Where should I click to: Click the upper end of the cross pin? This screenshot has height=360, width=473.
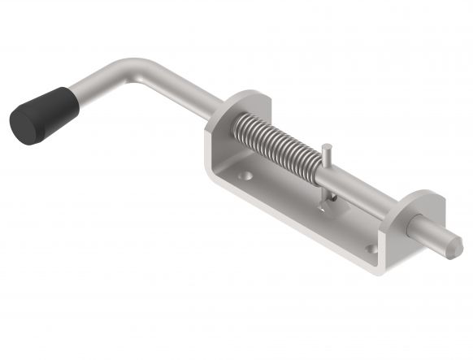325,148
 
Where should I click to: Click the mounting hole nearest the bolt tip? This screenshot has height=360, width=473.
371,249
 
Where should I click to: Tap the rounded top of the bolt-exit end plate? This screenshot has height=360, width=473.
423,197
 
